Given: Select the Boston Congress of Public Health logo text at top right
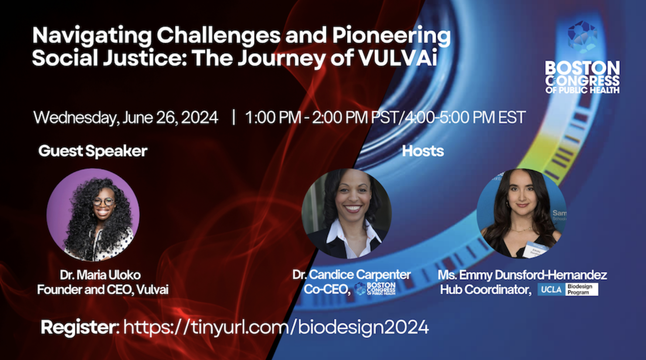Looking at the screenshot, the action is [x=582, y=77].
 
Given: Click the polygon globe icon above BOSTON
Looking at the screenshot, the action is [x=582, y=37].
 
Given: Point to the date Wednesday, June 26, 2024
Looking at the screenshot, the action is [x=126, y=118].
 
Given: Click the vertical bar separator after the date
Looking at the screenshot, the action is [x=234, y=117].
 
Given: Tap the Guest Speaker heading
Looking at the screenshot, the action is [x=93, y=151].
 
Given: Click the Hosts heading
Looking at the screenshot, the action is [x=423, y=151].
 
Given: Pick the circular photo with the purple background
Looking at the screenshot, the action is [x=93, y=215].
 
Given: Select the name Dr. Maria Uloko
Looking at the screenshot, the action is [x=100, y=275].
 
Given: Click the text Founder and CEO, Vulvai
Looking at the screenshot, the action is [x=103, y=290].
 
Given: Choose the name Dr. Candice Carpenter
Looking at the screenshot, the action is [x=351, y=275].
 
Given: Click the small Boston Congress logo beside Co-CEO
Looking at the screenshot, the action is [x=375, y=289].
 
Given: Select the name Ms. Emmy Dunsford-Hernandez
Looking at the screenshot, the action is [x=522, y=275].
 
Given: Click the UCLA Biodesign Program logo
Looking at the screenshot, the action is [x=568, y=289].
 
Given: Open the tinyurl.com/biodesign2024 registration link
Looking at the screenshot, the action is [x=276, y=327].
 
